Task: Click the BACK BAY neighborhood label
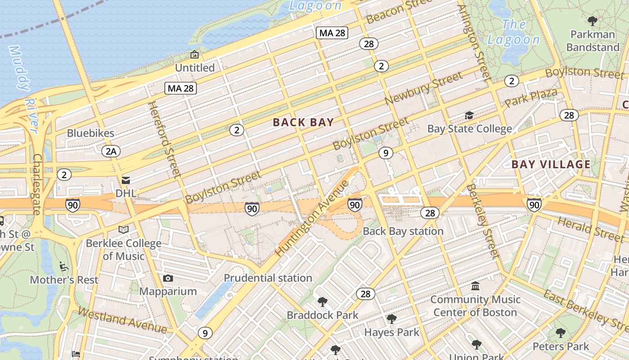(x=303, y=122)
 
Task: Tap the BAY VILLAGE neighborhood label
(x=551, y=164)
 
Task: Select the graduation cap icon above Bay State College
(x=469, y=116)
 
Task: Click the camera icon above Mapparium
(x=168, y=279)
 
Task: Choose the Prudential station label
(x=268, y=278)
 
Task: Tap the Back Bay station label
(x=403, y=231)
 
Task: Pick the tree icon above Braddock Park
(x=322, y=301)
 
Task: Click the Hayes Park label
(x=391, y=333)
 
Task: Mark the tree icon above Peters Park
(x=560, y=333)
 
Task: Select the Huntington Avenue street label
(x=312, y=219)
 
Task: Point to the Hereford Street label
(x=164, y=139)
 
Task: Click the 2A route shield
(x=111, y=151)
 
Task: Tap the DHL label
(x=126, y=193)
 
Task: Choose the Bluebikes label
(x=91, y=133)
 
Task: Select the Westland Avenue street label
(x=122, y=320)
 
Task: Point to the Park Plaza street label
(x=531, y=98)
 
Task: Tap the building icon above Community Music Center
(x=475, y=286)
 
